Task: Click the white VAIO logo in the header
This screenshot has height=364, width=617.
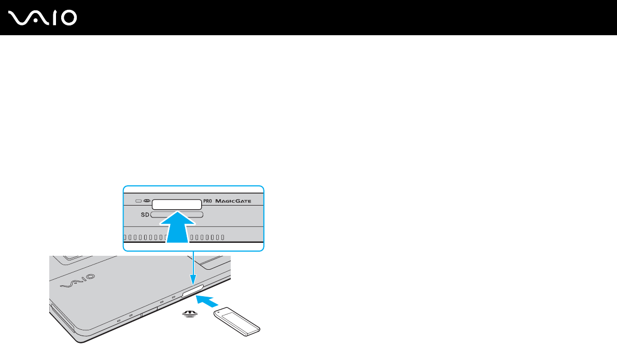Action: pyautogui.click(x=43, y=18)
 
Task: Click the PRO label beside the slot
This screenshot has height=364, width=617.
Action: pyautogui.click(x=207, y=201)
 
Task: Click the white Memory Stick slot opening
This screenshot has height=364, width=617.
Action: pyautogui.click(x=176, y=203)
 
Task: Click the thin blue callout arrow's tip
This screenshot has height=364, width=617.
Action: pyautogui.click(x=193, y=283)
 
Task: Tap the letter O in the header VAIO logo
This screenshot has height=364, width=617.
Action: pyautogui.click(x=68, y=18)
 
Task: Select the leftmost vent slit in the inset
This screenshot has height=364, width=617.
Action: pyautogui.click(x=125, y=238)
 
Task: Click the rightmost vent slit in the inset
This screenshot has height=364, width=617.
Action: pyautogui.click(x=222, y=238)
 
